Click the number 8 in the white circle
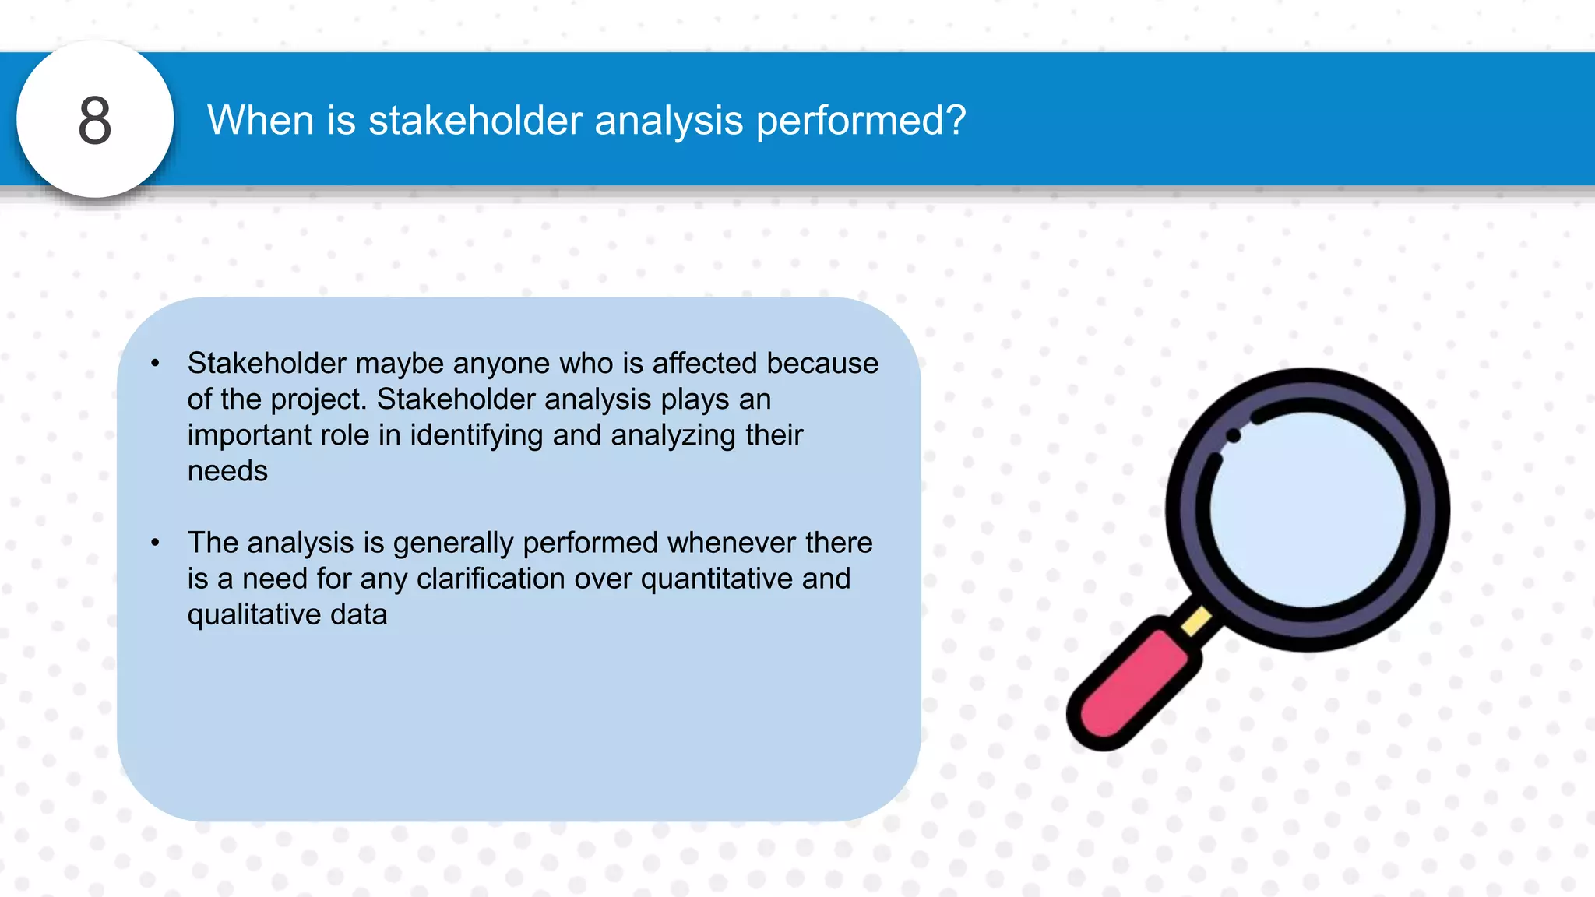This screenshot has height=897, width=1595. [95, 121]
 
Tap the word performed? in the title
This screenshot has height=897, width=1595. [861, 121]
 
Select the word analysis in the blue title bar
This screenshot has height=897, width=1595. [668, 121]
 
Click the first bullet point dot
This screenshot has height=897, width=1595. [155, 364]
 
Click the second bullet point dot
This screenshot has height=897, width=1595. [155, 543]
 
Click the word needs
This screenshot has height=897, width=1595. [227, 471]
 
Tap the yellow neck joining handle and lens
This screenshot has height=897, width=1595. [1197, 621]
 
